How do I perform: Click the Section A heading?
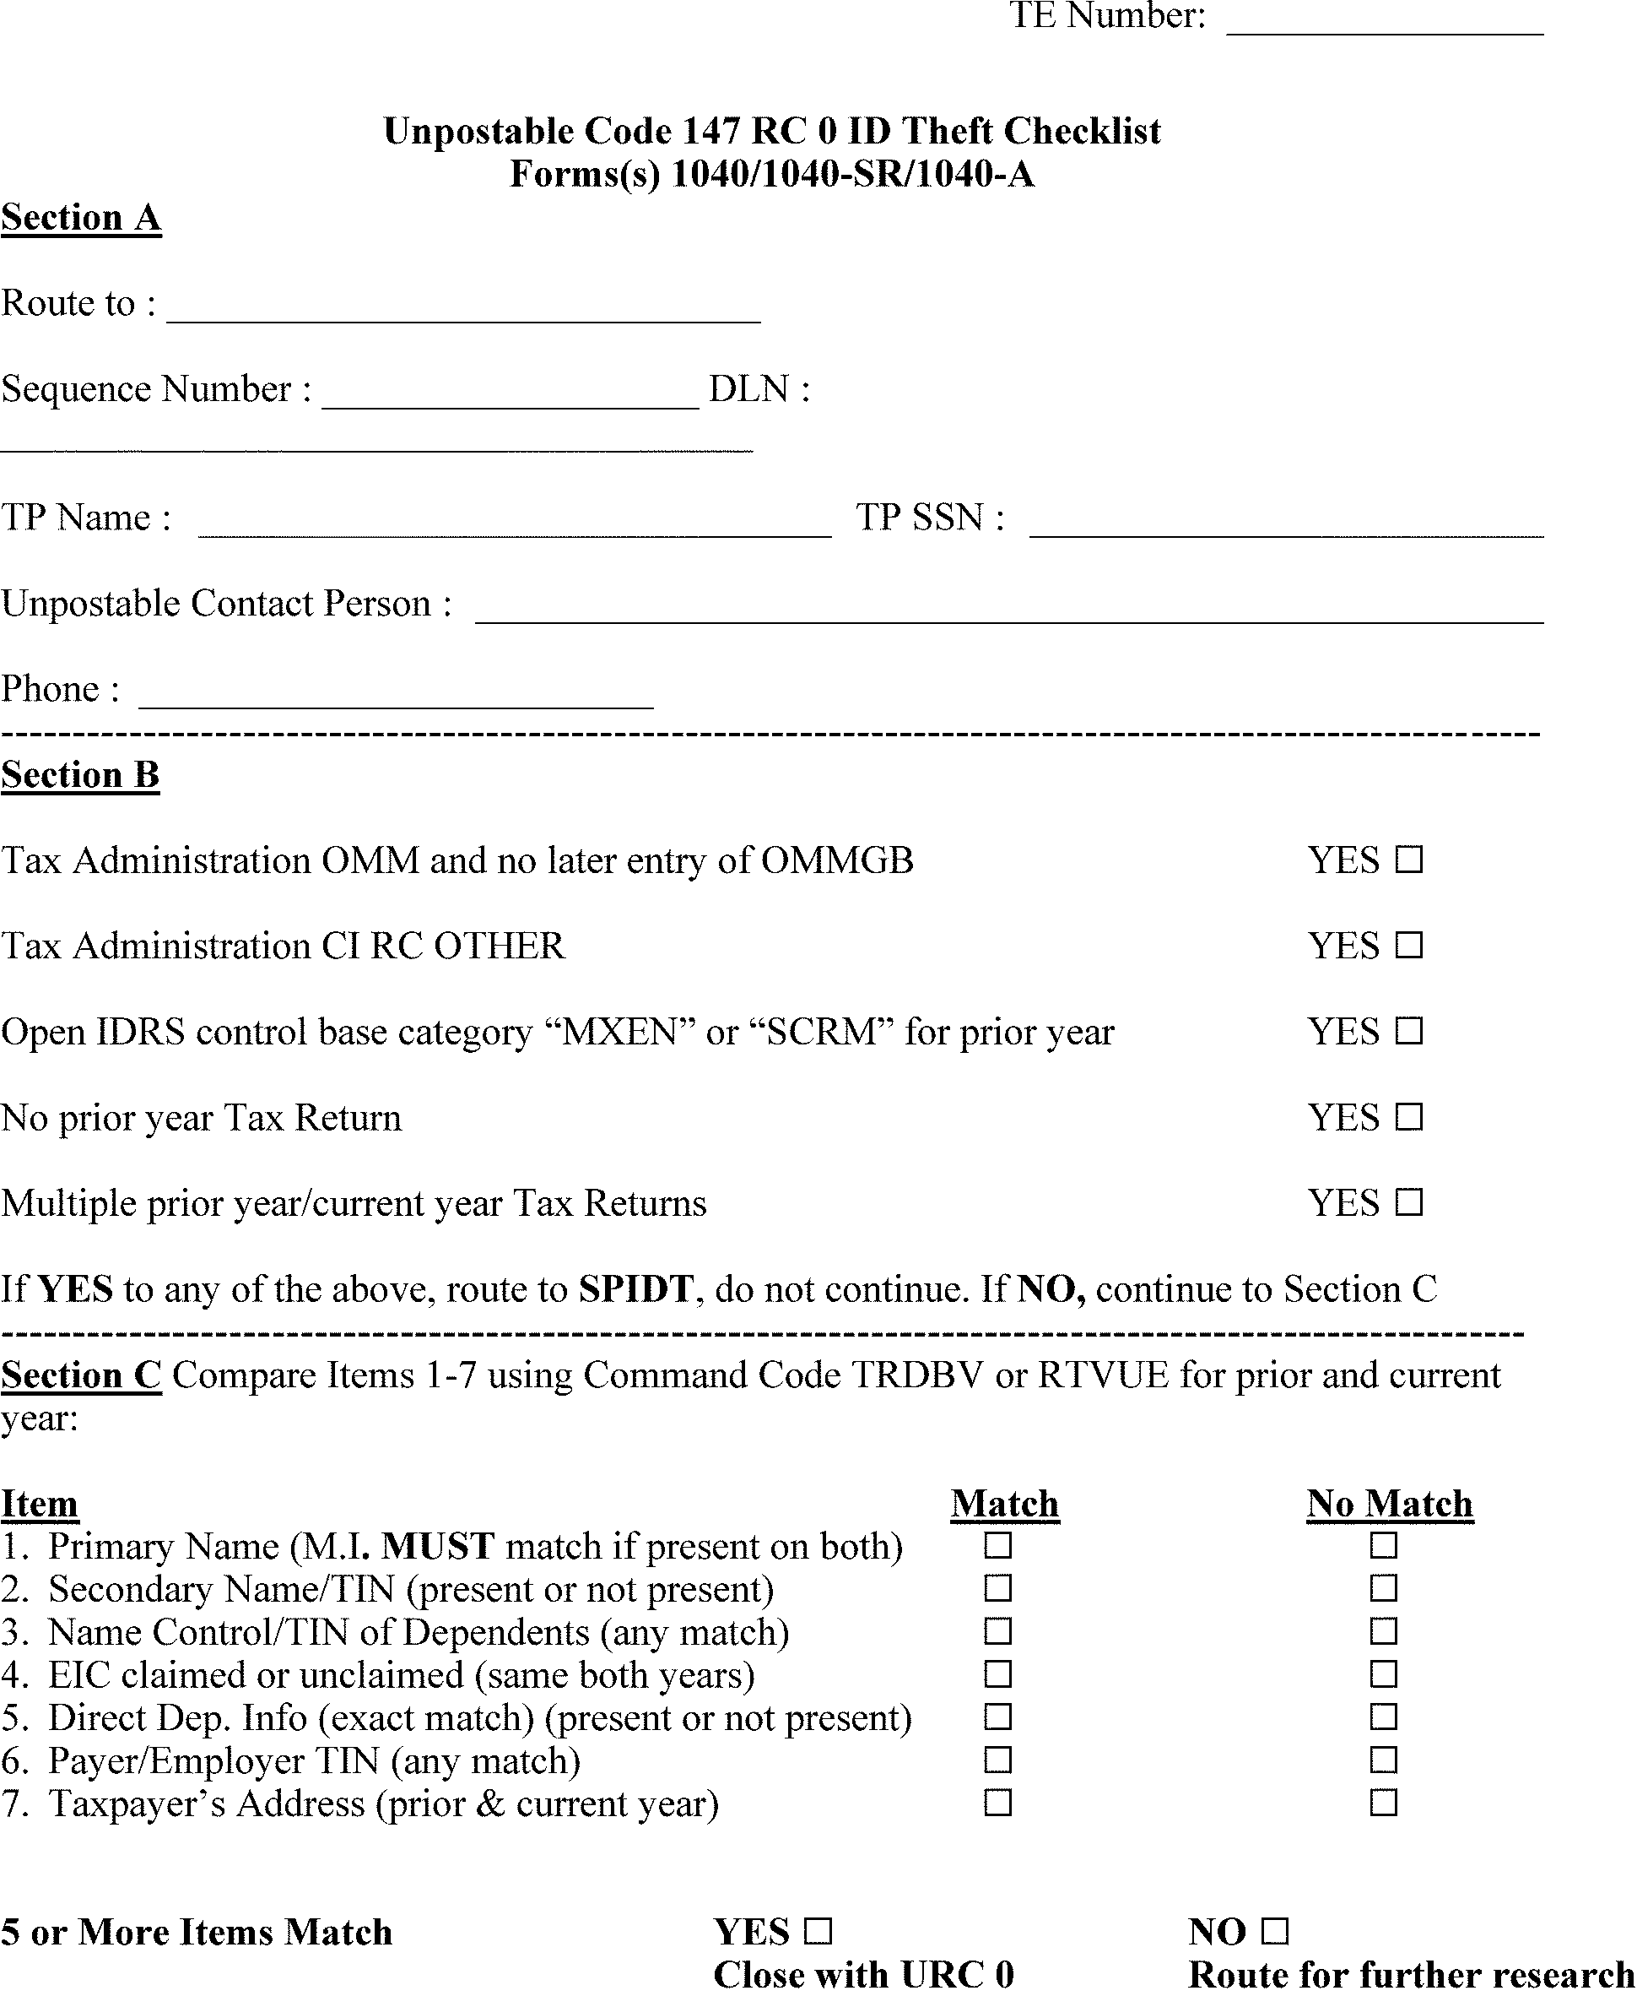click(x=81, y=218)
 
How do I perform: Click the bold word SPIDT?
click(x=635, y=1289)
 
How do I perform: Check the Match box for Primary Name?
click(x=997, y=1546)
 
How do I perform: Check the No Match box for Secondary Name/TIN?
click(x=1383, y=1589)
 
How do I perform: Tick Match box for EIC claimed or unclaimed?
click(x=997, y=1675)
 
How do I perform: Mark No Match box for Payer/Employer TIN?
click(x=1383, y=1761)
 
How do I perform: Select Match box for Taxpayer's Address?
click(x=997, y=1803)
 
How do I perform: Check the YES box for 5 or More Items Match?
click(x=818, y=1933)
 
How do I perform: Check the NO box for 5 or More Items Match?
click(x=1274, y=1933)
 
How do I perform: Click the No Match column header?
click(x=1389, y=1504)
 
